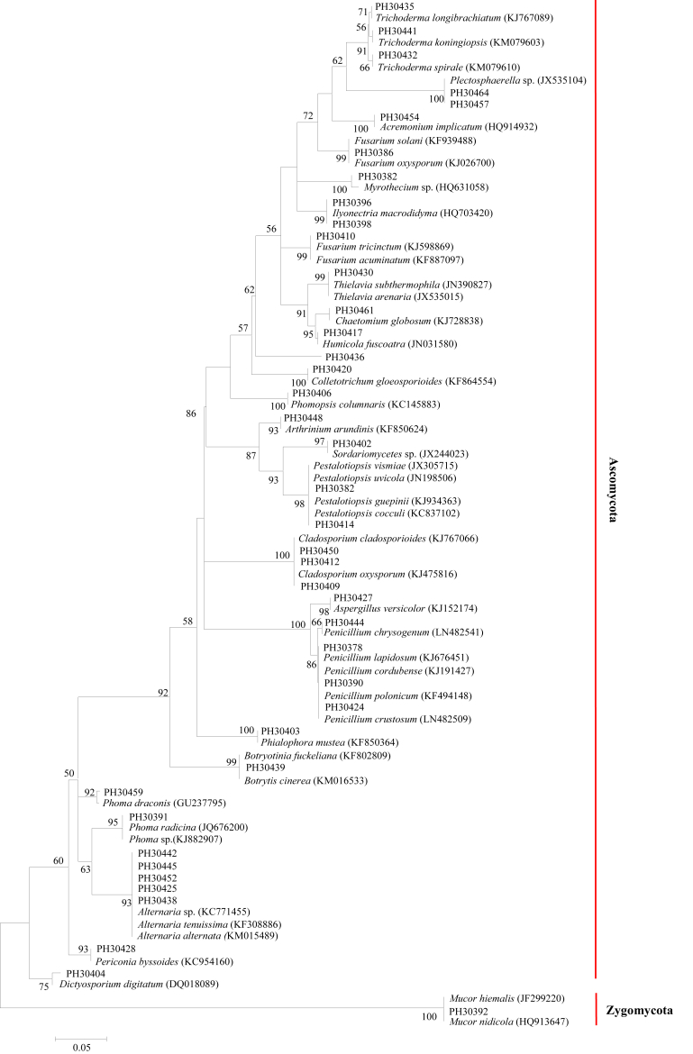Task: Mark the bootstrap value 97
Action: click(x=319, y=441)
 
